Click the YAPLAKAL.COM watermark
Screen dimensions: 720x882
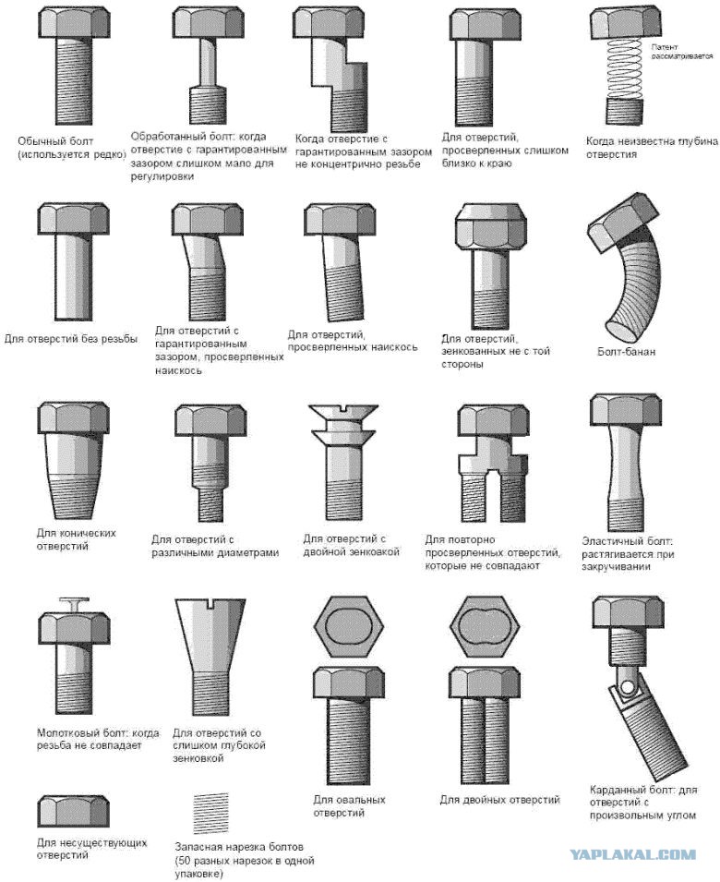point(633,855)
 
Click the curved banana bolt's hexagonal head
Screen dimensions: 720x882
point(622,223)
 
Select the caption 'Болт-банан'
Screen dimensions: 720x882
point(626,352)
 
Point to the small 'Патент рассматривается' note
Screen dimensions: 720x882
point(682,52)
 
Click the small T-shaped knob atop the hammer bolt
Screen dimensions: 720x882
point(74,604)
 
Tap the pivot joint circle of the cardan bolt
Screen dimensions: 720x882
point(627,686)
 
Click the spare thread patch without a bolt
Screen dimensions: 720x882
point(211,813)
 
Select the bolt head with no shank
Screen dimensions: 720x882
point(73,811)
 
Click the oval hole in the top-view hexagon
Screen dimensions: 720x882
point(349,626)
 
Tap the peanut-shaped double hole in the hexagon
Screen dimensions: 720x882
point(485,626)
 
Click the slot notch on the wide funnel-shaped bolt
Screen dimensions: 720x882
point(210,604)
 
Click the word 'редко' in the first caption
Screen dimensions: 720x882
point(110,154)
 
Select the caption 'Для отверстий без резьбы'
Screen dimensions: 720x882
point(71,339)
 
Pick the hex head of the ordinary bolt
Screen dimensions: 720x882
point(74,22)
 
